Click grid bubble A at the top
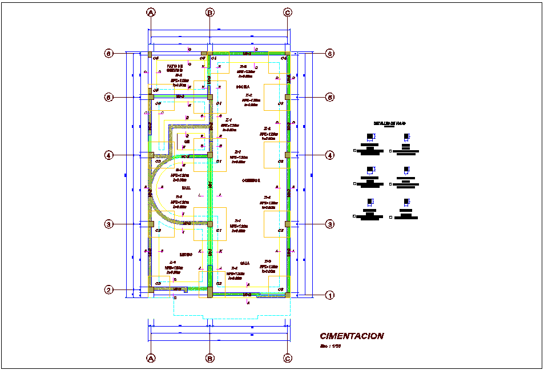(x=151, y=12)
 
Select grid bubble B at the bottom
(x=210, y=358)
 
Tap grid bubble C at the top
(x=288, y=12)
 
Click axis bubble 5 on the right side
(x=329, y=97)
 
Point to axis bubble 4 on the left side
(x=108, y=155)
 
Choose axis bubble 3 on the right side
(x=329, y=224)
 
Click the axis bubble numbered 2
(x=108, y=289)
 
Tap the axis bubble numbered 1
(x=329, y=295)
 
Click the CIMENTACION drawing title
(x=352, y=336)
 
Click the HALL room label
(x=186, y=187)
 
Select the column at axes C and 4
(x=288, y=155)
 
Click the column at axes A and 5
(x=151, y=97)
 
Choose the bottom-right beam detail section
(x=406, y=211)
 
